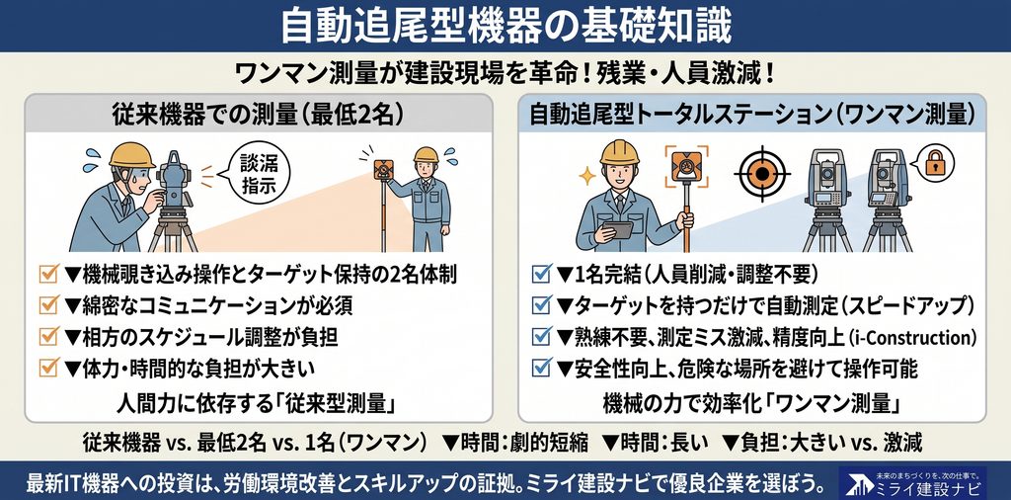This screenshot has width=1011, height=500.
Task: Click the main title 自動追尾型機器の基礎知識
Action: (505, 26)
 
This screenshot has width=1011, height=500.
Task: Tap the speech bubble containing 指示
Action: (256, 172)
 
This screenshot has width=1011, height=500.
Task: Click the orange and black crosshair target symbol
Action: (761, 174)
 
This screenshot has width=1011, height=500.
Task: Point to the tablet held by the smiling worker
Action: (618, 229)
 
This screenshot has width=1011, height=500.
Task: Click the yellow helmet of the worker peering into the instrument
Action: (132, 155)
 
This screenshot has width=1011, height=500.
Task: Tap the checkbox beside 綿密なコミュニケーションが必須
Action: (49, 304)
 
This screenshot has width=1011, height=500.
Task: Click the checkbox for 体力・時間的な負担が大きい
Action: (49, 368)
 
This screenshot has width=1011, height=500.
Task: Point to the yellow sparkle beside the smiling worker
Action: (587, 176)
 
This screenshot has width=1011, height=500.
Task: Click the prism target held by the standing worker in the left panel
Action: (384, 170)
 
